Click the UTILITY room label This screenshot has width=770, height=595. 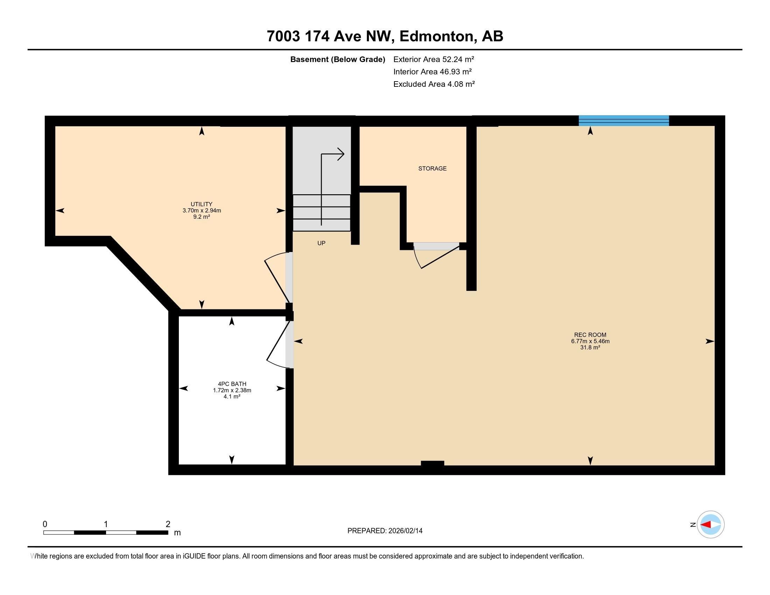(x=201, y=204)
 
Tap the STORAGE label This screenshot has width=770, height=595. (x=432, y=168)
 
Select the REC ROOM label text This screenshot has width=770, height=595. (x=590, y=335)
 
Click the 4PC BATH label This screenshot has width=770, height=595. (x=232, y=384)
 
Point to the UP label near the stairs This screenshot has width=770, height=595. (x=321, y=243)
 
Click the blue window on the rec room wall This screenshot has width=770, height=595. (x=624, y=120)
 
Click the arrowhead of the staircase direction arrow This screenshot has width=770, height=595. (x=341, y=154)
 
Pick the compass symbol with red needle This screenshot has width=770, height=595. (x=710, y=524)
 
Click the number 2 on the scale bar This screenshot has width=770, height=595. (x=168, y=524)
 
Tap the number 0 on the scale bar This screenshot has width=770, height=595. (x=45, y=524)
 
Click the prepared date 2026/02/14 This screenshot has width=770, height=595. (x=405, y=531)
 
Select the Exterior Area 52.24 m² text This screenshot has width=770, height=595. (x=434, y=59)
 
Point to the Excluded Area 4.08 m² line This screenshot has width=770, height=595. (x=434, y=84)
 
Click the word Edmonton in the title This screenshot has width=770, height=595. (x=436, y=36)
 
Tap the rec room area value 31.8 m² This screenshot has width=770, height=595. (x=590, y=347)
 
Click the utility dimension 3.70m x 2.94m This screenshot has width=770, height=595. (x=201, y=210)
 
